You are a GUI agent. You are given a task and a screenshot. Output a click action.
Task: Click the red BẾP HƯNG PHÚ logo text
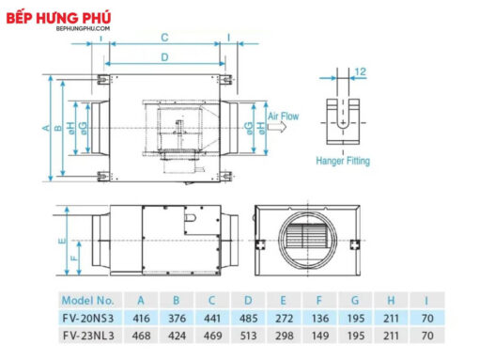(58, 18)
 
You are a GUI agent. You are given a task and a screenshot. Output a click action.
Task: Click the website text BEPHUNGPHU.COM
(83, 28)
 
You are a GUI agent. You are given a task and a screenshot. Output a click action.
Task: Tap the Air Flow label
(283, 117)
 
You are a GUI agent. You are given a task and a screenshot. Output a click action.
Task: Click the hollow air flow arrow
(277, 127)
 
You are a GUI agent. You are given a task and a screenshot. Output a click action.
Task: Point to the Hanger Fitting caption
(343, 161)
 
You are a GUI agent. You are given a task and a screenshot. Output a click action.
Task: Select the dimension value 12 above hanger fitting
(361, 71)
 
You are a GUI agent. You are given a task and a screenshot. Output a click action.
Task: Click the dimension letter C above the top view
(164, 38)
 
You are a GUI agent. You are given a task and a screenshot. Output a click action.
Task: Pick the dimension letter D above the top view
(164, 57)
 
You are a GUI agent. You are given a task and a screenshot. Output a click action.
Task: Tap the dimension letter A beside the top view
(46, 128)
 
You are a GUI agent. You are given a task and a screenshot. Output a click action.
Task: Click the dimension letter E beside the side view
(62, 241)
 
